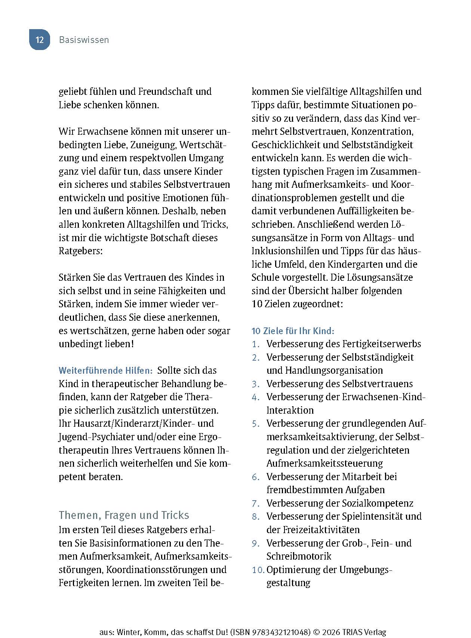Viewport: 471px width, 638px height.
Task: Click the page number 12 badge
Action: pyautogui.click(x=40, y=40)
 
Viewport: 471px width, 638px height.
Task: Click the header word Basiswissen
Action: pyautogui.click(x=84, y=40)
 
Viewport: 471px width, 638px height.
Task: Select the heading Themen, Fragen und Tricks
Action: pyautogui.click(x=124, y=515)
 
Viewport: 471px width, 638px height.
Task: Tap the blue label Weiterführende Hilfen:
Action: pyautogui.click(x=106, y=371)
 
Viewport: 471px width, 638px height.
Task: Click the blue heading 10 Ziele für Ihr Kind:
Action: pyautogui.click(x=293, y=331)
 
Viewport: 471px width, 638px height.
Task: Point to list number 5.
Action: pyautogui.click(x=256, y=424)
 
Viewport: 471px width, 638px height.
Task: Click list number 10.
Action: pyautogui.click(x=258, y=570)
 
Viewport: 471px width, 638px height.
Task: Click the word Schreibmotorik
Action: pyautogui.click(x=299, y=556)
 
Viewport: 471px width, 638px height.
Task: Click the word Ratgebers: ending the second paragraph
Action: pyautogui.click(x=80, y=251)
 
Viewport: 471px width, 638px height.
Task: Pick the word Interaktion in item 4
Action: pyautogui.click(x=290, y=410)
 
